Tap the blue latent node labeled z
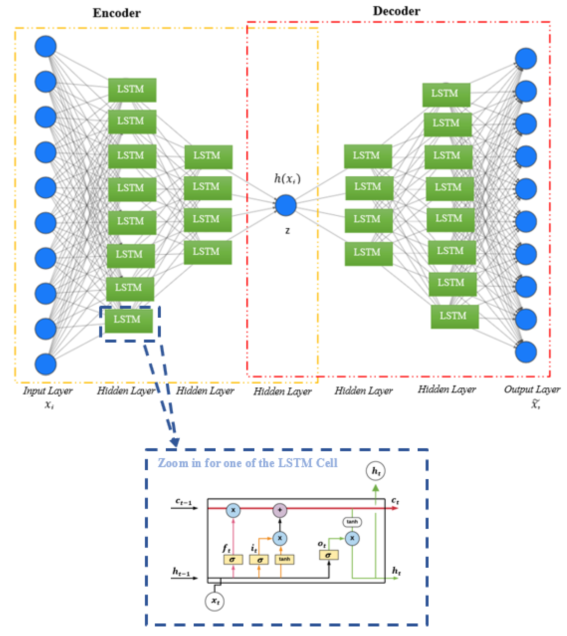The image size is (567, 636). pos(286,205)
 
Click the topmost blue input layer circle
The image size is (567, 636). pos(45,46)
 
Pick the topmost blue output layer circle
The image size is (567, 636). pos(526,58)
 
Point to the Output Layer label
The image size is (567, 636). pos(532,389)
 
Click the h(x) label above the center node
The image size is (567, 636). pos(287,179)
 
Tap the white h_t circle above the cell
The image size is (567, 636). pos(375,471)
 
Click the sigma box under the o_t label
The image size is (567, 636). pos(329,555)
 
